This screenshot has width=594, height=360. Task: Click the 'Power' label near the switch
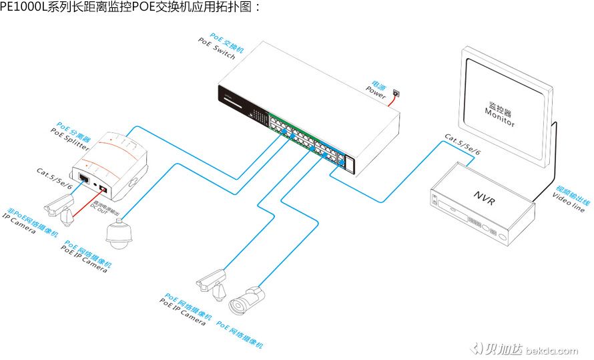(x=376, y=94)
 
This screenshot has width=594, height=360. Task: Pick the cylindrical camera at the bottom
(x=247, y=299)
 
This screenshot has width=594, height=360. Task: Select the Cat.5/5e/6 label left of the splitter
(x=54, y=178)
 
